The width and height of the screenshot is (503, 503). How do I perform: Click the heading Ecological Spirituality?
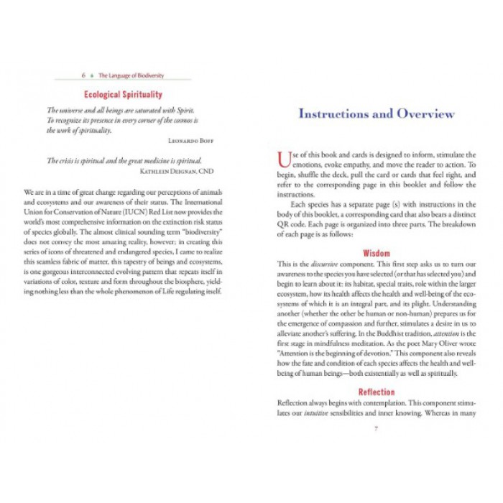coord(123,95)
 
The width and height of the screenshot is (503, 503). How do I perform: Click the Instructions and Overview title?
coord(377,114)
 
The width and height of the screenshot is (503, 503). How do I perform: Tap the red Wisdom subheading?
coord(377,254)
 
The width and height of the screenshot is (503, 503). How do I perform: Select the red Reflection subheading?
coord(377,392)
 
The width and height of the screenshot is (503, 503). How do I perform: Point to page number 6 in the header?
coord(84,74)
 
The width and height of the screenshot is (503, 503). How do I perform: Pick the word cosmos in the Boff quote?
coord(185,121)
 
